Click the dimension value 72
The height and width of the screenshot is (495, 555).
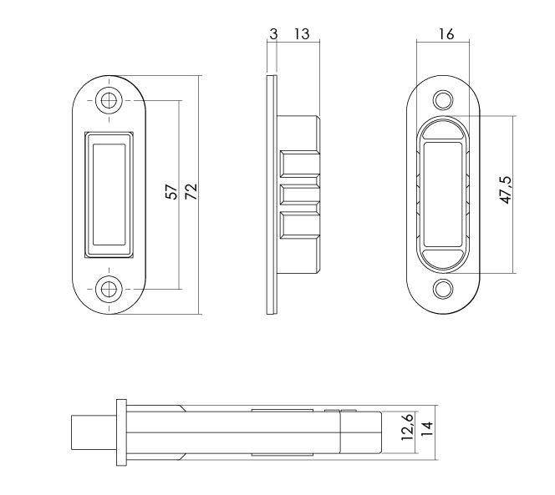coord(191,193)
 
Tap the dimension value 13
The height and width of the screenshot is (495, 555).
coord(301,34)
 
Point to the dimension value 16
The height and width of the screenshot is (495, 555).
coord(446,34)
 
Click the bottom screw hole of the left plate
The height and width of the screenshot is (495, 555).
coord(107,289)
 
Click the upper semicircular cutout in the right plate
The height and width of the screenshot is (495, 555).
coord(444,129)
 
